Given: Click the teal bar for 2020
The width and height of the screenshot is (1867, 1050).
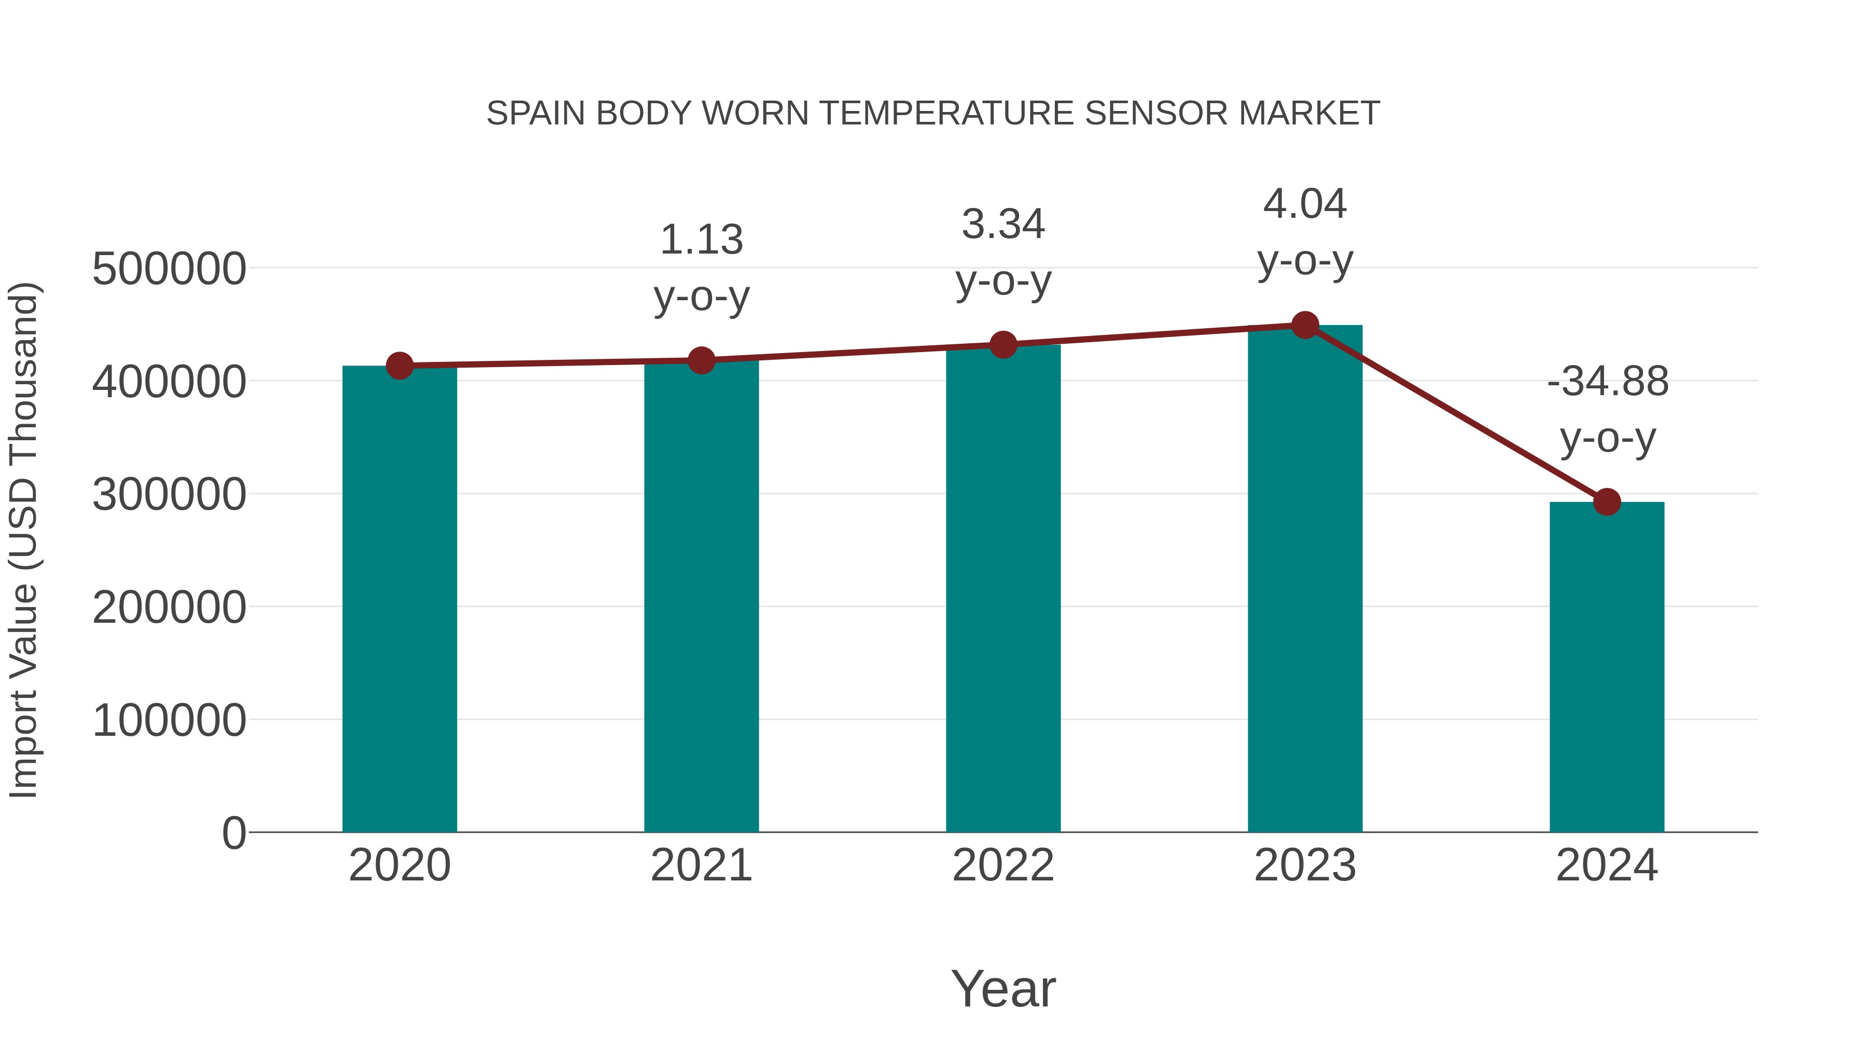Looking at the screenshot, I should (399, 601).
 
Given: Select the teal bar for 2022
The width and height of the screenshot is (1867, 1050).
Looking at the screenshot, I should (1003, 591).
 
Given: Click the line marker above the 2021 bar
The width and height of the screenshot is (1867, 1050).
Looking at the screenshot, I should (701, 360).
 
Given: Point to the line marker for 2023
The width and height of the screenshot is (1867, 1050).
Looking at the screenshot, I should (1305, 325).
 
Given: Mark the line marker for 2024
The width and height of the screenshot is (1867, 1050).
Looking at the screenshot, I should (1607, 501).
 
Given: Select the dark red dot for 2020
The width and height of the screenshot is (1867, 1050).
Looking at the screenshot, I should (399, 366).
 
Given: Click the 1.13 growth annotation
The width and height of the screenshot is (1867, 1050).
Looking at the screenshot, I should (701, 240).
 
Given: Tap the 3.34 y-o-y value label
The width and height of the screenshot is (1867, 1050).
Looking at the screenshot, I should (1003, 224).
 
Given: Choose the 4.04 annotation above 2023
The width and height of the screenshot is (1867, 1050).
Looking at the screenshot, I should (1305, 204).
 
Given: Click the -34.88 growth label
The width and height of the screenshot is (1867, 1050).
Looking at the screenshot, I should (1607, 381).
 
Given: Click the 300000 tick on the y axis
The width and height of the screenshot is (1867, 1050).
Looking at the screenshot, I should (169, 495).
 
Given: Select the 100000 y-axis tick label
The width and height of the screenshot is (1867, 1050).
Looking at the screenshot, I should (169, 721).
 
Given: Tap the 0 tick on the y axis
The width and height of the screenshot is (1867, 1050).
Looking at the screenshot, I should (233, 833).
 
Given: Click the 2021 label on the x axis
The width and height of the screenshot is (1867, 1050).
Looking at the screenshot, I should (701, 865).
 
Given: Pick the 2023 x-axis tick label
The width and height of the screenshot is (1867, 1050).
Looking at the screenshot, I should (1305, 865).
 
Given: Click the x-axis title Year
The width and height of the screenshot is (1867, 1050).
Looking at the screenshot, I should (1003, 988).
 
